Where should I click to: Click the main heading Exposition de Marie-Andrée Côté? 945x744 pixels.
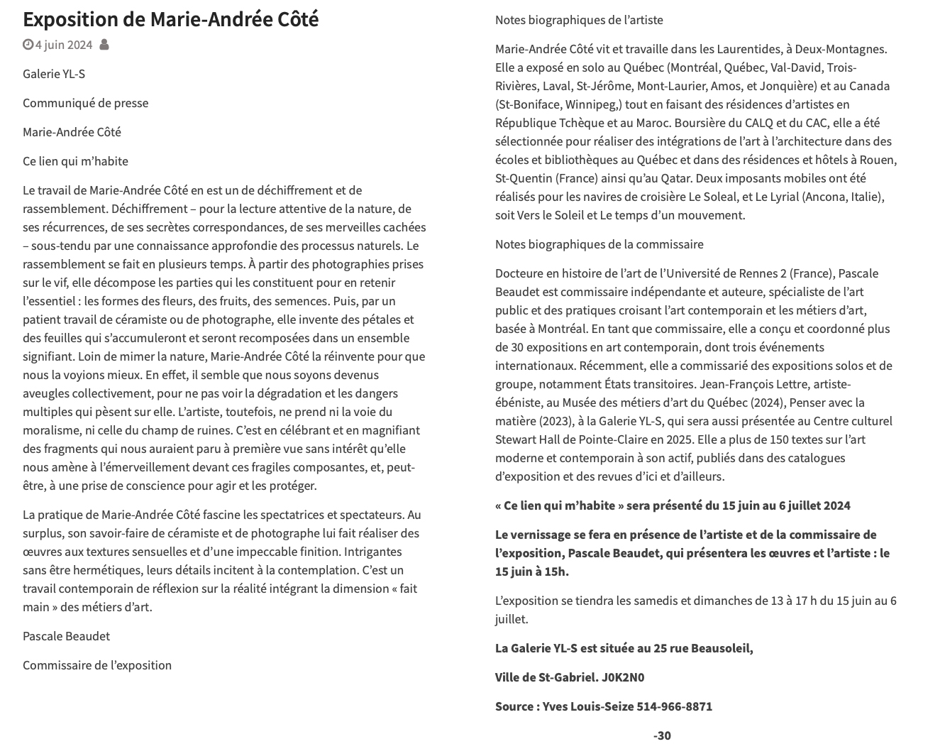(170, 19)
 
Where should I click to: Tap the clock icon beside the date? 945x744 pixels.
(28, 45)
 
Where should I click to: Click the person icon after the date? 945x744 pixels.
(104, 45)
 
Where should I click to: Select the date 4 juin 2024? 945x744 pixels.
(64, 45)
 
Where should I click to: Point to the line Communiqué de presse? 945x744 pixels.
(85, 103)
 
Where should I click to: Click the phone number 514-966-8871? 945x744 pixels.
(674, 706)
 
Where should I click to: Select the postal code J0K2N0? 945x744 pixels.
(623, 677)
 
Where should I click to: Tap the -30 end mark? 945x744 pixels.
(661, 735)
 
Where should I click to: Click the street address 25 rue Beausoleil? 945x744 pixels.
(702, 648)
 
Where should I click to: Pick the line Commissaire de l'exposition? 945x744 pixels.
(97, 665)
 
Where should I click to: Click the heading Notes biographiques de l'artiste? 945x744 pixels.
(579, 20)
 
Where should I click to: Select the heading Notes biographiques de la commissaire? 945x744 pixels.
(599, 244)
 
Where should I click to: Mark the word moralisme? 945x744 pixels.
(50, 430)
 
